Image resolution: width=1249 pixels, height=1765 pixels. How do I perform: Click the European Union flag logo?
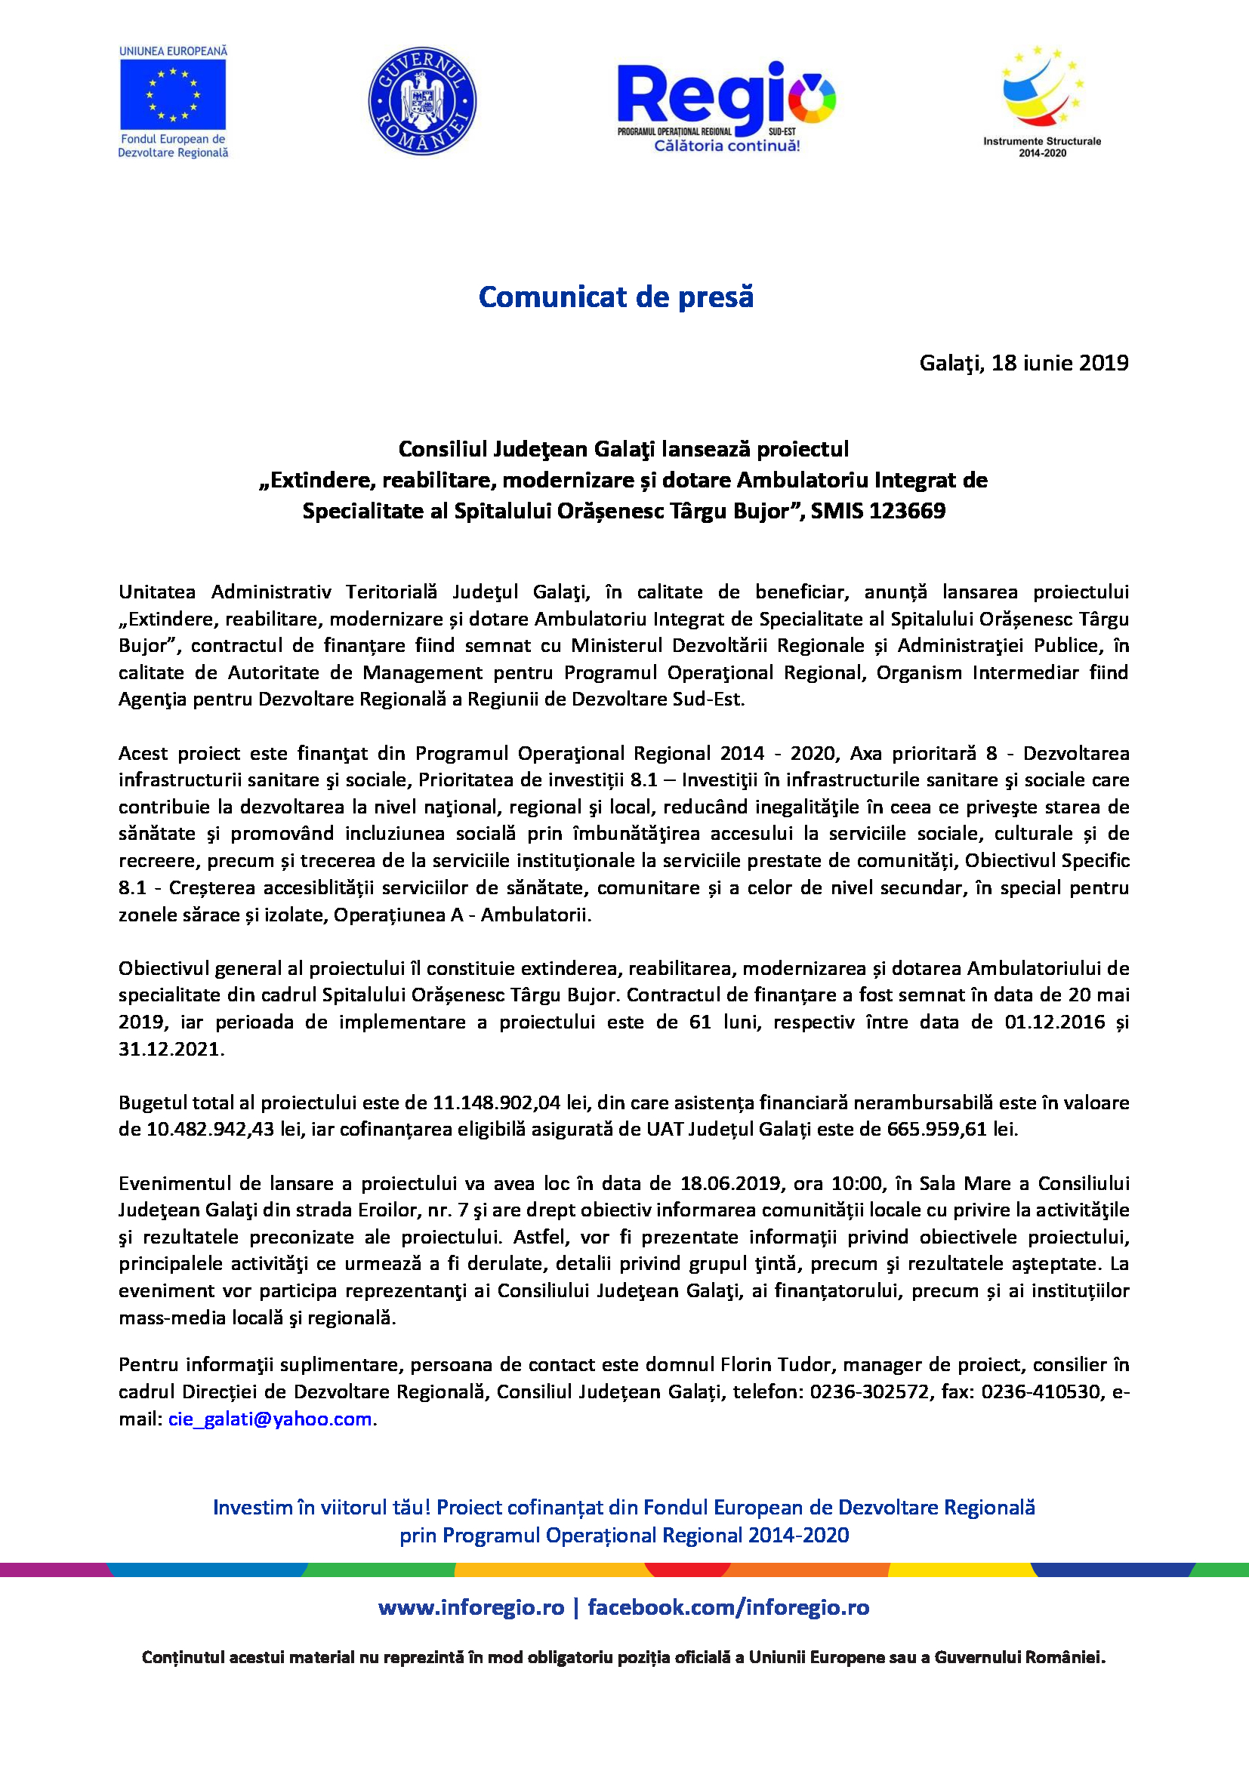[172, 94]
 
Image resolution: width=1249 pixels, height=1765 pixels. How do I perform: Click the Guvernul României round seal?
[422, 100]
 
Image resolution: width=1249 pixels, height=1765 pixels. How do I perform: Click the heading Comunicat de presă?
[616, 297]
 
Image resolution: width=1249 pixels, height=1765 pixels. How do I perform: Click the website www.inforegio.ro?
[471, 1607]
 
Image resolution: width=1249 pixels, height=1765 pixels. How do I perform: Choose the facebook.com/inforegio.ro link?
[728, 1607]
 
